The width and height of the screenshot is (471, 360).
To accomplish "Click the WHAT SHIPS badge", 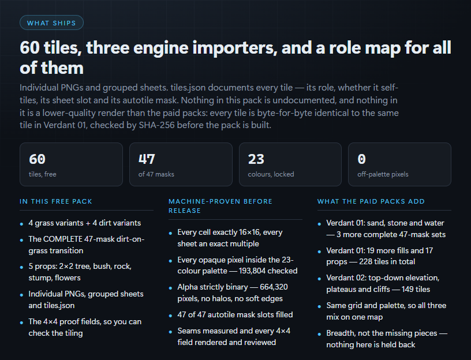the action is [51, 23].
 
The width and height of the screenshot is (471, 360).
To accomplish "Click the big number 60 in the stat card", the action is [38, 159].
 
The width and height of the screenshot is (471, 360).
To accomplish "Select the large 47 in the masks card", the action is [147, 159].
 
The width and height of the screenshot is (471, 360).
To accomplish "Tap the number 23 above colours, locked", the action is [256, 159].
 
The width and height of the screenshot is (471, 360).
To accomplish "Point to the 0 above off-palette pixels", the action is [362, 159].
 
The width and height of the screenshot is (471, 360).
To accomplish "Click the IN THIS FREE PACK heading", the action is [56, 201].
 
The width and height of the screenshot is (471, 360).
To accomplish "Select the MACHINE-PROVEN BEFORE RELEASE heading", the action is [220, 206].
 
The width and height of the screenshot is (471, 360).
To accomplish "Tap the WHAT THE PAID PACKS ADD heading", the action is [371, 201].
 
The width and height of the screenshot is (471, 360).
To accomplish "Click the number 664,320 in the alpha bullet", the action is [274, 287].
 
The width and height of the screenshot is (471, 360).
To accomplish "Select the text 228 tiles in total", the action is [387, 262].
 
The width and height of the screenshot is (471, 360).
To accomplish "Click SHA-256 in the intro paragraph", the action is [156, 125].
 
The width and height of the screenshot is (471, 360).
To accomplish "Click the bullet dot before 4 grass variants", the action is [21, 224].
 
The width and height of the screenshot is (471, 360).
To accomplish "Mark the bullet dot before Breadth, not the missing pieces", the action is [319, 334].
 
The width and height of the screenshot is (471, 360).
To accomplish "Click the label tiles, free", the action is [42, 174].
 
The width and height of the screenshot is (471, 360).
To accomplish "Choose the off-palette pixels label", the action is [383, 174].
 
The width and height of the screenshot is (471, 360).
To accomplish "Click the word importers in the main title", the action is [234, 48].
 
